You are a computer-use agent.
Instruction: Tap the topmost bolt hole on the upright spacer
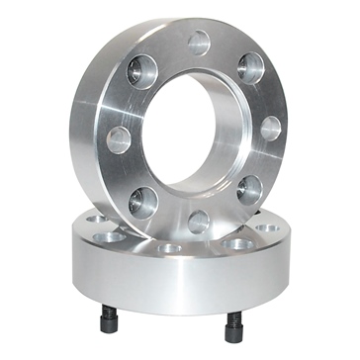(199, 43)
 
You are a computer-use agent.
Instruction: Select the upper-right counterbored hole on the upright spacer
(251, 68)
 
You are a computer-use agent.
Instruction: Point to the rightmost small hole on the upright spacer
(269, 129)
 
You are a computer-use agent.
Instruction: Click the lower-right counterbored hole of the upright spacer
(249, 189)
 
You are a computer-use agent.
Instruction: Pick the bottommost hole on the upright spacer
(199, 221)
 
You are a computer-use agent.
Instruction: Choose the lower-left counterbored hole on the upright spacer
(143, 201)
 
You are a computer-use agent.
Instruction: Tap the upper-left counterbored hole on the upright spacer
(142, 72)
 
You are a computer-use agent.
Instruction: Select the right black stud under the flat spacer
(233, 323)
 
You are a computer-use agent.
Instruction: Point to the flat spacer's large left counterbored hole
(110, 237)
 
